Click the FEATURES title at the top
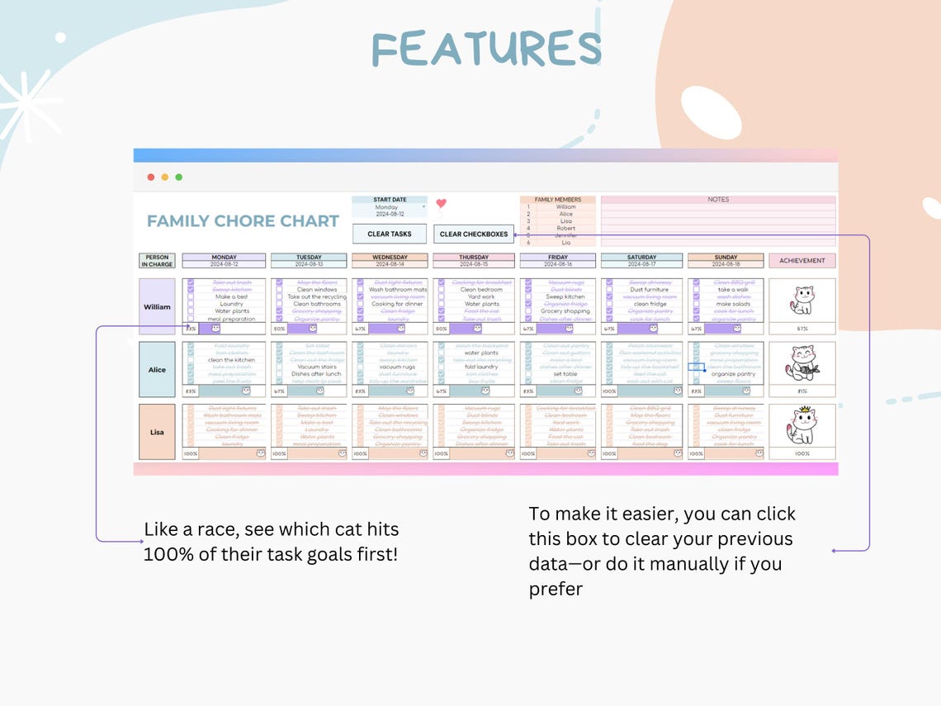click(x=486, y=49)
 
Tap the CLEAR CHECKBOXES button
click(x=474, y=235)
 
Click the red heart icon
click(x=441, y=203)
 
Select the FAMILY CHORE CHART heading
click(x=243, y=221)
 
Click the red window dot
click(x=150, y=177)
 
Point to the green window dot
click(x=178, y=177)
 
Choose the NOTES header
click(x=718, y=200)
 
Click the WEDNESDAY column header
click(x=390, y=258)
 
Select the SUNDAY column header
click(x=726, y=258)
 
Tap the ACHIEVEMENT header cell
click(x=802, y=261)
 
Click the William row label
click(x=157, y=307)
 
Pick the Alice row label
click(x=157, y=370)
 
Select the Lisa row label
click(x=157, y=432)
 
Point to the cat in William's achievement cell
click(x=802, y=300)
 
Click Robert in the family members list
click(x=565, y=229)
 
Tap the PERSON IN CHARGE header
click(x=157, y=261)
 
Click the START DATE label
click(x=389, y=200)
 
